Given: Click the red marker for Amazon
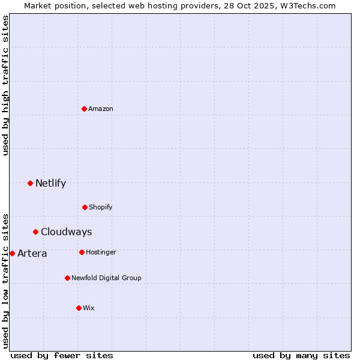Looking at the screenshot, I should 84,109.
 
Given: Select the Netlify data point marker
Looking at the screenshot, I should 30,183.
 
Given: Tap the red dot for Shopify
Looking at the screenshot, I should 85,207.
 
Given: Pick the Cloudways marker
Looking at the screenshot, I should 35,232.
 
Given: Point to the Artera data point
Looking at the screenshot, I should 12,253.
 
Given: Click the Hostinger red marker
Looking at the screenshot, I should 82,252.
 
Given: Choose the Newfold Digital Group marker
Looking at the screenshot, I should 67,278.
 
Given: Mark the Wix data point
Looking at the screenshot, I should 79,308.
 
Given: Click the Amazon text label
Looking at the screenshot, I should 101,109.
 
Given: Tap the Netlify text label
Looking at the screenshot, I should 50,184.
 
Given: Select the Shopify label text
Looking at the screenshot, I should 101,207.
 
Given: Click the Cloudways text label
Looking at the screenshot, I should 66,232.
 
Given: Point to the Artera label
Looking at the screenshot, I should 32,254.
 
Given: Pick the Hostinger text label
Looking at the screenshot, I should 101,252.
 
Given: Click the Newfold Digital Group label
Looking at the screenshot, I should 106,278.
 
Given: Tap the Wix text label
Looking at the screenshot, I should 89,308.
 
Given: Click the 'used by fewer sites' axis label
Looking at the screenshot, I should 62,355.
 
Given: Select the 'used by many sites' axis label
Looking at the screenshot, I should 301,355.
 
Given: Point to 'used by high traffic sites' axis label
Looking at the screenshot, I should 5,85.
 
